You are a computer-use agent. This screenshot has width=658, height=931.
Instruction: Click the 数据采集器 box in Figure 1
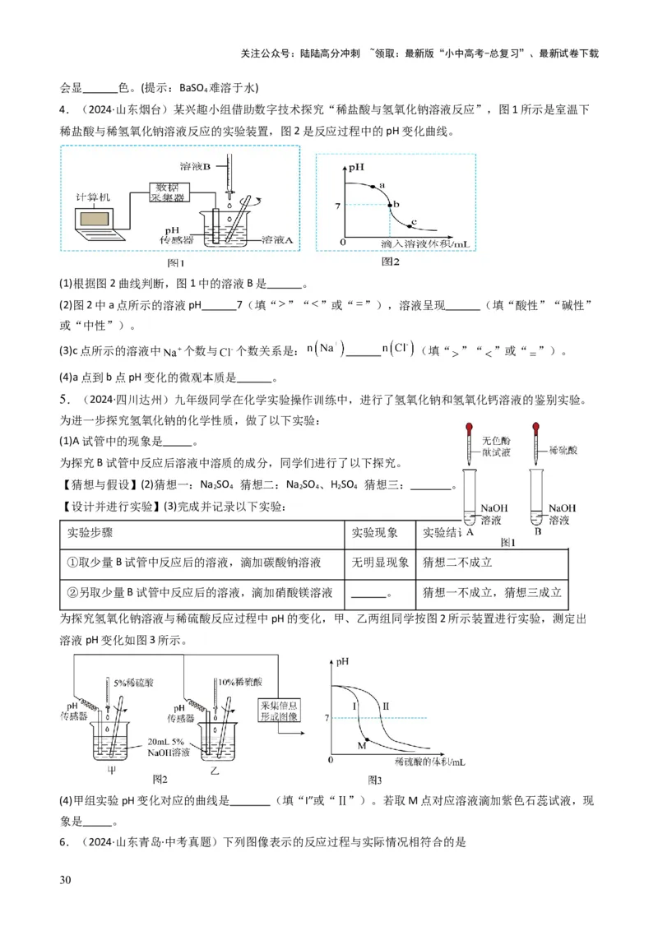[x=167, y=192]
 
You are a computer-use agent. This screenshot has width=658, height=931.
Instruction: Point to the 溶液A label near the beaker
[x=278, y=240]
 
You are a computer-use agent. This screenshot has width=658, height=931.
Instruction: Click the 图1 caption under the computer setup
[x=176, y=263]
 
